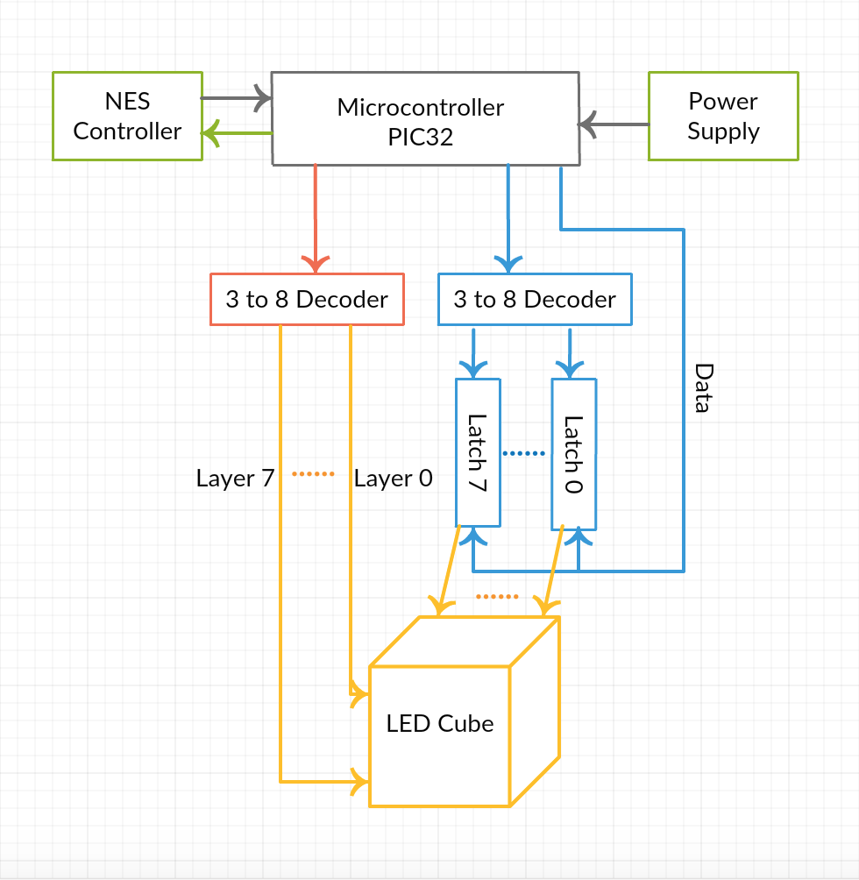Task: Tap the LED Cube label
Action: point(440,723)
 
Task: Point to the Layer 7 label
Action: point(235,479)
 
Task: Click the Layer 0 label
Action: point(394,479)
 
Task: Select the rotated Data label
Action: point(704,387)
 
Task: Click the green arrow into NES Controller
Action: point(238,133)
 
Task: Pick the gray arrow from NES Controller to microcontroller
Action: point(237,98)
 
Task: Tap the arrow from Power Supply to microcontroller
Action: point(614,124)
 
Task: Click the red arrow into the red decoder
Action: point(316,219)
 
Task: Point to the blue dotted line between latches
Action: point(524,453)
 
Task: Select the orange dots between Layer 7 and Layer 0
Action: point(313,474)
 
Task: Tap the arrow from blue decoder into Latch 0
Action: point(570,353)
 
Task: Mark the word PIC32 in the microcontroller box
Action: point(420,138)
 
